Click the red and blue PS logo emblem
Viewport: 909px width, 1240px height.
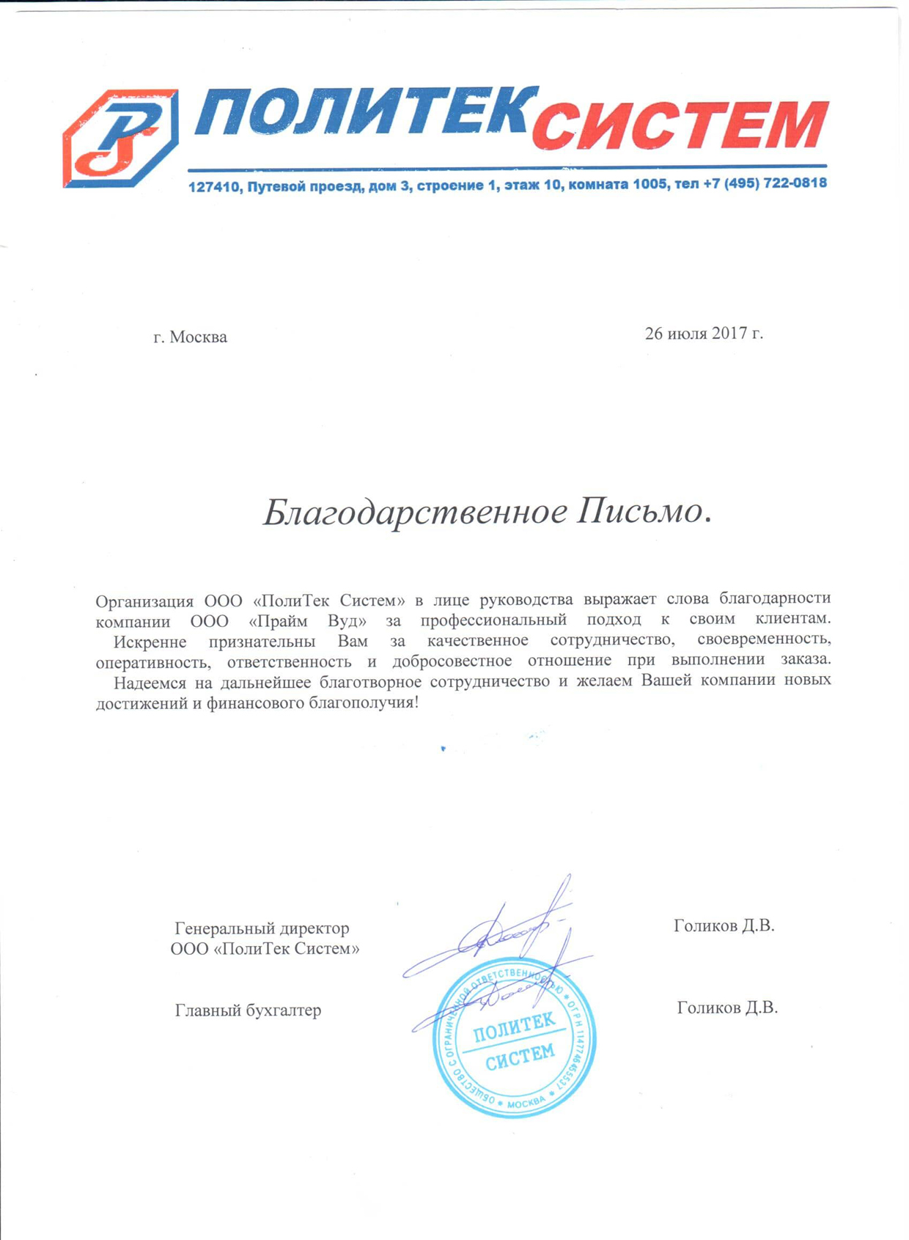coord(120,139)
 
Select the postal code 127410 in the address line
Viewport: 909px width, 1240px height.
coord(214,187)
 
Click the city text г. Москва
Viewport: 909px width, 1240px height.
coord(190,337)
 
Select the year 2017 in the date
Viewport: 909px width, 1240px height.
coord(729,334)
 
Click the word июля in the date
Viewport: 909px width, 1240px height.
coord(687,334)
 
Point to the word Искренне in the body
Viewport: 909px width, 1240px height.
coord(150,642)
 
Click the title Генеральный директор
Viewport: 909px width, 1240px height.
coord(262,928)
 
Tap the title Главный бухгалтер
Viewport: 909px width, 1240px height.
coord(248,1010)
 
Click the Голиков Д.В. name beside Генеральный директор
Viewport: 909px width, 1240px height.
coord(724,925)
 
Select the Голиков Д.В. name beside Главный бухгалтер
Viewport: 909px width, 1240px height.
coord(727,1008)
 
